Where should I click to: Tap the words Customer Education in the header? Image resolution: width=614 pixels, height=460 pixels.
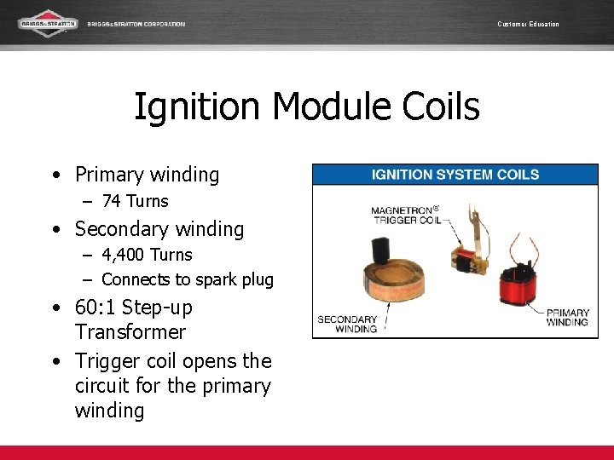pyautogui.click(x=528, y=24)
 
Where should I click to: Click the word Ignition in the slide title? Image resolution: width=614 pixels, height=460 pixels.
pyautogui.click(x=197, y=108)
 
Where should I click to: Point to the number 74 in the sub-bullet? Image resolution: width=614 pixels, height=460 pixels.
pyautogui.click(x=111, y=202)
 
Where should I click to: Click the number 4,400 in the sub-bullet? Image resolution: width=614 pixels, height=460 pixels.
pyautogui.click(x=123, y=255)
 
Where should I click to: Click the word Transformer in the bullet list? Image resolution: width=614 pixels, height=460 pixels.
pyautogui.click(x=130, y=332)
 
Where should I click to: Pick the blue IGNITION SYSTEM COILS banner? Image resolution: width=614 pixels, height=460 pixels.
pyautogui.click(x=455, y=175)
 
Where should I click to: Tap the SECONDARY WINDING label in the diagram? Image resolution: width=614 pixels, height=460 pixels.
pyautogui.click(x=347, y=325)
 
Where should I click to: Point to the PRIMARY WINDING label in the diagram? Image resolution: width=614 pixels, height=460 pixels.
pyautogui.click(x=567, y=318)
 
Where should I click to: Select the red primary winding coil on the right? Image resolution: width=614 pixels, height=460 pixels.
pyautogui.click(x=516, y=290)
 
